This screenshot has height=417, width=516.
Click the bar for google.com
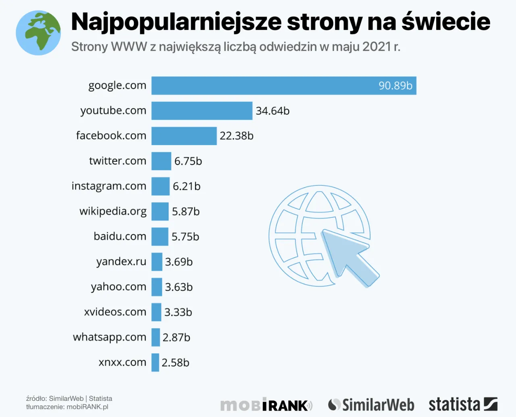262,85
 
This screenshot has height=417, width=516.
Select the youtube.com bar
202,111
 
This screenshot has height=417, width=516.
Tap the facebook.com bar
184,136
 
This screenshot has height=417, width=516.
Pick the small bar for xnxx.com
155,362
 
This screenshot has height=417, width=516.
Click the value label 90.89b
395,85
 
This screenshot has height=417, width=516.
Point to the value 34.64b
273,111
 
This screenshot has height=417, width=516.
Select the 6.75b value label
188,161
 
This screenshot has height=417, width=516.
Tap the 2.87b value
176,338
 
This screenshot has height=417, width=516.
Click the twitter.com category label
117,161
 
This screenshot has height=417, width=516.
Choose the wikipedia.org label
113,211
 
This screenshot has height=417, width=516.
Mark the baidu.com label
120,236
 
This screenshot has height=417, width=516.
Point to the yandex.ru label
121,262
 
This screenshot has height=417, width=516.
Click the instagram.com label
109,186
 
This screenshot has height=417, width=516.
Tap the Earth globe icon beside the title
38,33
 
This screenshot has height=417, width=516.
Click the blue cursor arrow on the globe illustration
347,256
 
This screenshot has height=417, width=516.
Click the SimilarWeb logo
371,405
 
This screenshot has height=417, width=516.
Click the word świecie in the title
446,22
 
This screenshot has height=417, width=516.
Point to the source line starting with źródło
69,398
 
